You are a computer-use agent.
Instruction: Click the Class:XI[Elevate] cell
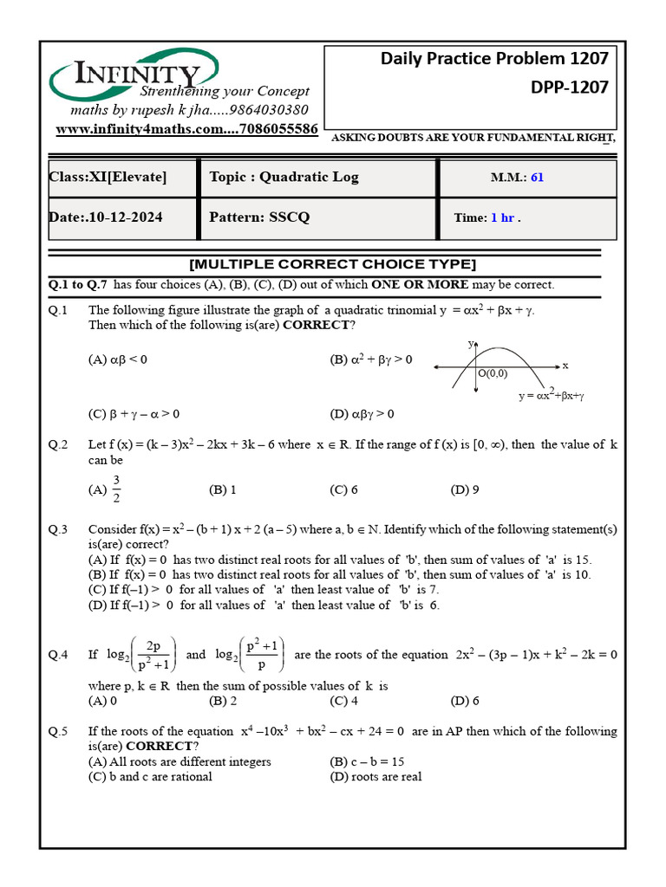(x=108, y=178)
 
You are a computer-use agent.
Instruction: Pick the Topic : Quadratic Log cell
(x=284, y=178)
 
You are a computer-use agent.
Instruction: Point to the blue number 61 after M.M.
(x=537, y=178)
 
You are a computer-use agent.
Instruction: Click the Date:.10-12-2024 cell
(x=105, y=217)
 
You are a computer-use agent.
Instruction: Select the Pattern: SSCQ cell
(x=259, y=217)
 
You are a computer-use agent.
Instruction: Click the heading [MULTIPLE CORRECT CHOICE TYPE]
(x=332, y=264)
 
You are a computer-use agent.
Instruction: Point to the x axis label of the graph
(x=565, y=366)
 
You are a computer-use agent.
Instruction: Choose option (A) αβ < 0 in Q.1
(x=118, y=359)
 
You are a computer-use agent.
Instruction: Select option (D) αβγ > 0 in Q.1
(x=362, y=413)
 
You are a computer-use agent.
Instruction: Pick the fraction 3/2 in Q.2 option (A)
(x=116, y=489)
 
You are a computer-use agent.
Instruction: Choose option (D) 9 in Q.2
(x=465, y=489)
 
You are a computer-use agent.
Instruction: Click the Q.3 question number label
(x=58, y=529)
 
